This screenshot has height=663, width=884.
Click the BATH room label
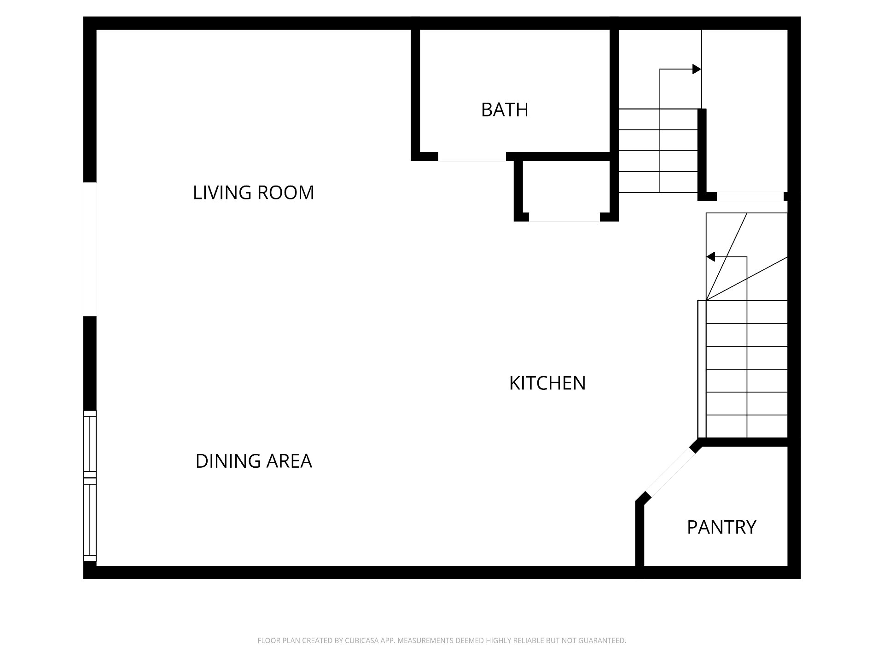(505, 110)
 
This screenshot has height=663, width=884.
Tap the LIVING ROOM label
(253, 192)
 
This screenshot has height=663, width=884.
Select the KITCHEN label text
(547, 383)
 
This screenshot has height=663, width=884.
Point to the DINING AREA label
(254, 461)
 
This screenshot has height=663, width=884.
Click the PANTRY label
(721, 527)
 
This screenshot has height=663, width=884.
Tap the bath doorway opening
(472, 157)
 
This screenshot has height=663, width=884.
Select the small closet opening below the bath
(564, 217)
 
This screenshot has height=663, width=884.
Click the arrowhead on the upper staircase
(697, 70)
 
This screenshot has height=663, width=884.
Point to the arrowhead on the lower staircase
(710, 257)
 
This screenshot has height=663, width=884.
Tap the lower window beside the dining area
(90, 520)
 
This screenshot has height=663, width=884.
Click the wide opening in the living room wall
(90, 249)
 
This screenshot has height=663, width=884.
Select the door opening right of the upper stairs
(750, 197)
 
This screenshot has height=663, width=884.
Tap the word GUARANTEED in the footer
(601, 640)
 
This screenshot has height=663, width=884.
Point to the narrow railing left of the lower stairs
(702, 369)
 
